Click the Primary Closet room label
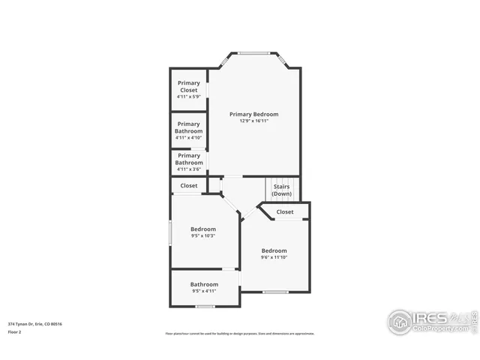point(188,86)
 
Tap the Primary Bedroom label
point(253,114)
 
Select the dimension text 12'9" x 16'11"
point(253,121)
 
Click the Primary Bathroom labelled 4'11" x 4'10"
point(188,127)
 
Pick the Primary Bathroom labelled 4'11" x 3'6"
point(188,159)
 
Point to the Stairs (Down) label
point(281,190)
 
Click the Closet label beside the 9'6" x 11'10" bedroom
point(285,211)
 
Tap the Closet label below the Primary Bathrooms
point(189,185)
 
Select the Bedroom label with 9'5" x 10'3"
point(202,229)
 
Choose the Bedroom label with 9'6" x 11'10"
point(274,250)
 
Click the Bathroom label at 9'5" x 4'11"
point(204,284)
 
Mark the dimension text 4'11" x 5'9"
point(188,97)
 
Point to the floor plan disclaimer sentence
point(240,334)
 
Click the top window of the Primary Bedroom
point(253,52)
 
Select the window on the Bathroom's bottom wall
point(205,306)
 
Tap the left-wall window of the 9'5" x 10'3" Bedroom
point(170,232)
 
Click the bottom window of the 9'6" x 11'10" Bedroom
point(275,292)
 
